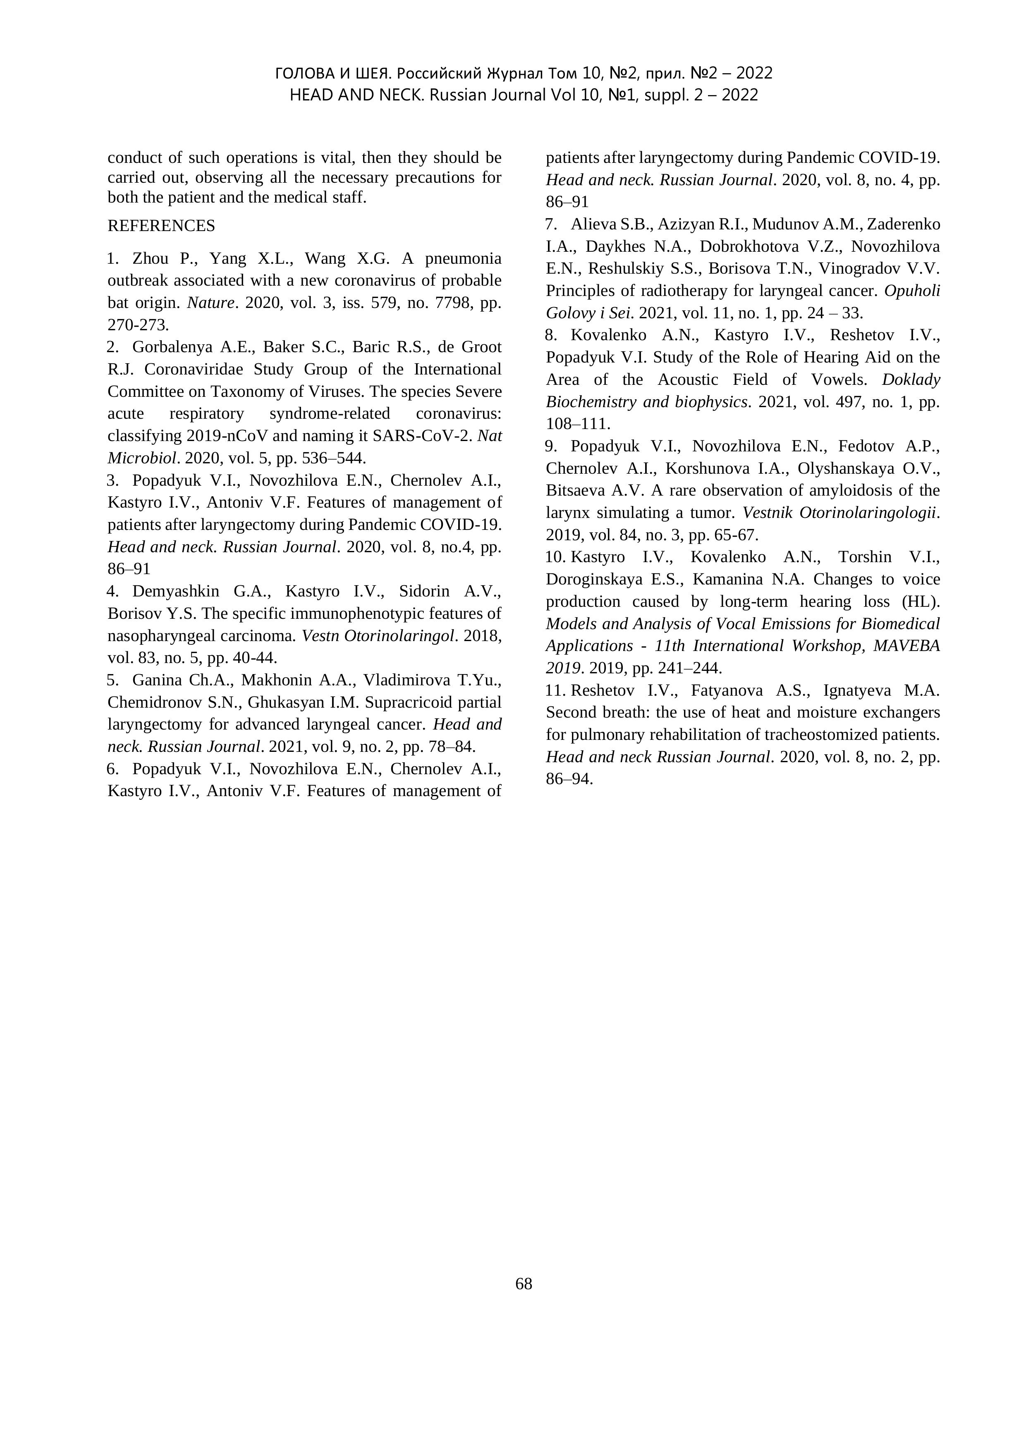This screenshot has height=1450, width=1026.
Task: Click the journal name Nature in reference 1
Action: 211,303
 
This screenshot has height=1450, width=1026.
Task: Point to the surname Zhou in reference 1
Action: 150,258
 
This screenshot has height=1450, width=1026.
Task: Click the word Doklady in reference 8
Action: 911,379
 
